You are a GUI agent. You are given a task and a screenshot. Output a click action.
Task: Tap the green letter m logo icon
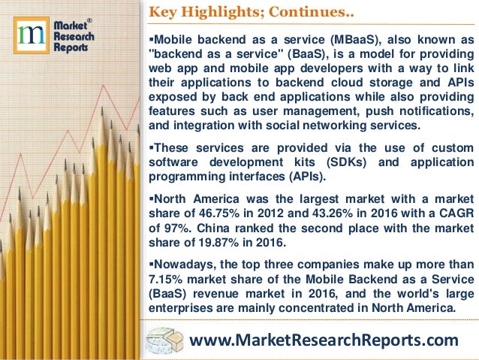30,37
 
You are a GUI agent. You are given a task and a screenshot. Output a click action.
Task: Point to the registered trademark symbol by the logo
90,20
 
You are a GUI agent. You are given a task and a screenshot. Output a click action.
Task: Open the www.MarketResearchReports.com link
324,340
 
